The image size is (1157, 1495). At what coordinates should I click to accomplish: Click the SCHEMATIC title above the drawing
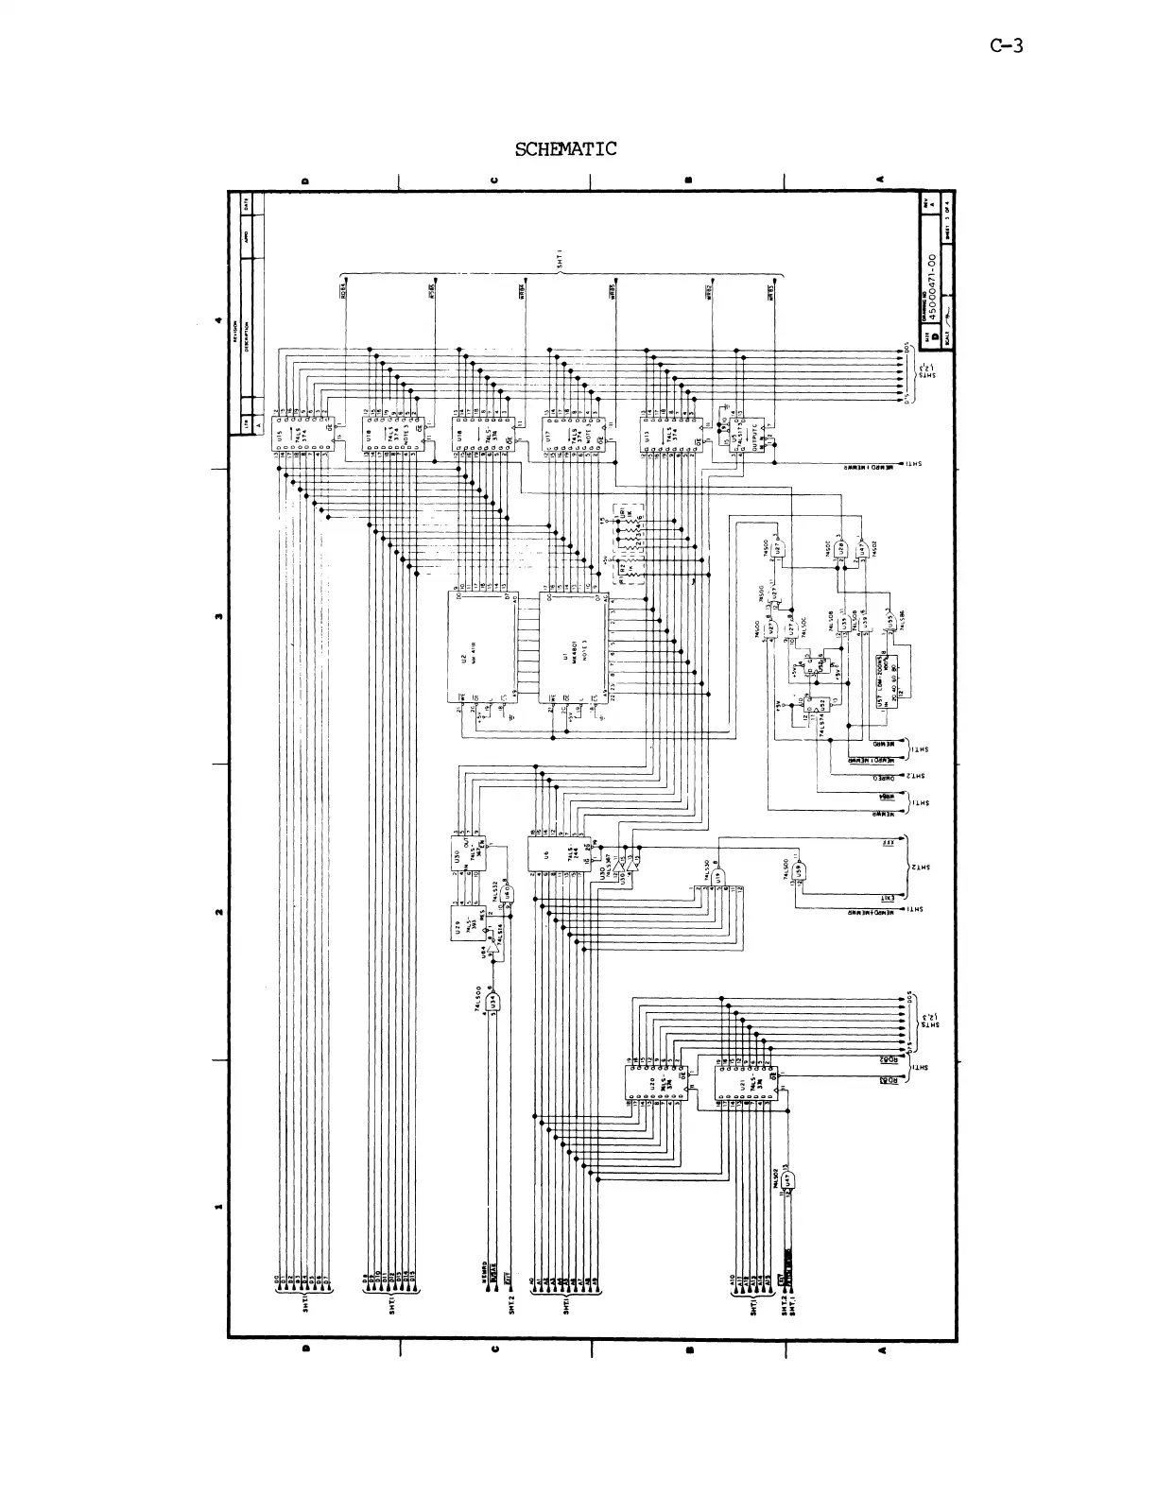(565, 149)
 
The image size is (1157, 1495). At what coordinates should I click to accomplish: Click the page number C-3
(1006, 45)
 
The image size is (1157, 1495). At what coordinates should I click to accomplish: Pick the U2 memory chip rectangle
(482, 647)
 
